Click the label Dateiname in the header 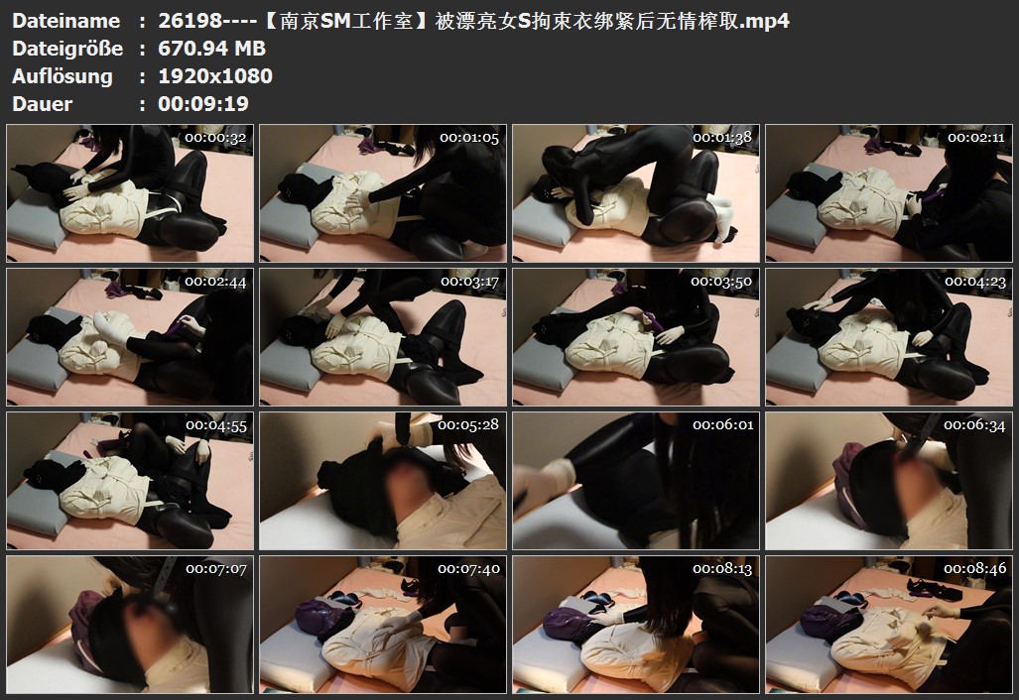65,21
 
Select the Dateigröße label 66,49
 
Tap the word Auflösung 63,76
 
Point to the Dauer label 43,104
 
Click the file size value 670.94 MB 212,49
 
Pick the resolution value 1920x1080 215,76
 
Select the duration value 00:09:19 203,104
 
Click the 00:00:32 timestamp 215,138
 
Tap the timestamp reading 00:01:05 469,138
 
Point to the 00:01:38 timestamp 722,138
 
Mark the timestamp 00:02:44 215,282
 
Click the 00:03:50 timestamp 721,282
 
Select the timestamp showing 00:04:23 975,282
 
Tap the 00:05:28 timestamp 468,425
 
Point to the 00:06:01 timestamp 723,425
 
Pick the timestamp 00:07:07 216,569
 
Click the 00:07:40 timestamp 468,569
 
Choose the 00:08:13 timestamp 722,569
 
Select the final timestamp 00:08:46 974,569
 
